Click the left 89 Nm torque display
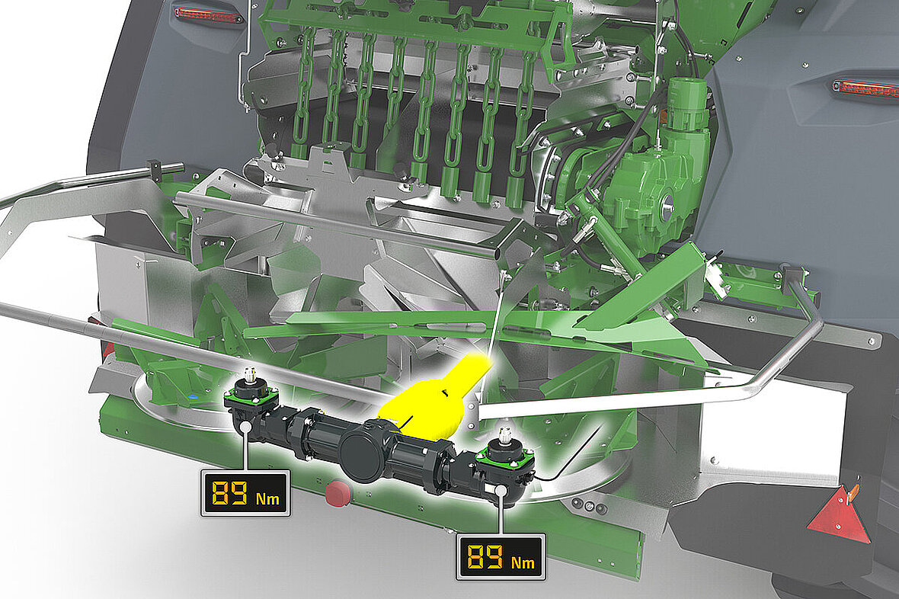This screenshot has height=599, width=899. [245, 493]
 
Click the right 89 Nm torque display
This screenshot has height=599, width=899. [501, 556]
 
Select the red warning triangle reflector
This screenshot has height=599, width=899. [840, 514]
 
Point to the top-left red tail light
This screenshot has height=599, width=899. [209, 15]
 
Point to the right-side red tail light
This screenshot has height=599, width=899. [865, 89]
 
